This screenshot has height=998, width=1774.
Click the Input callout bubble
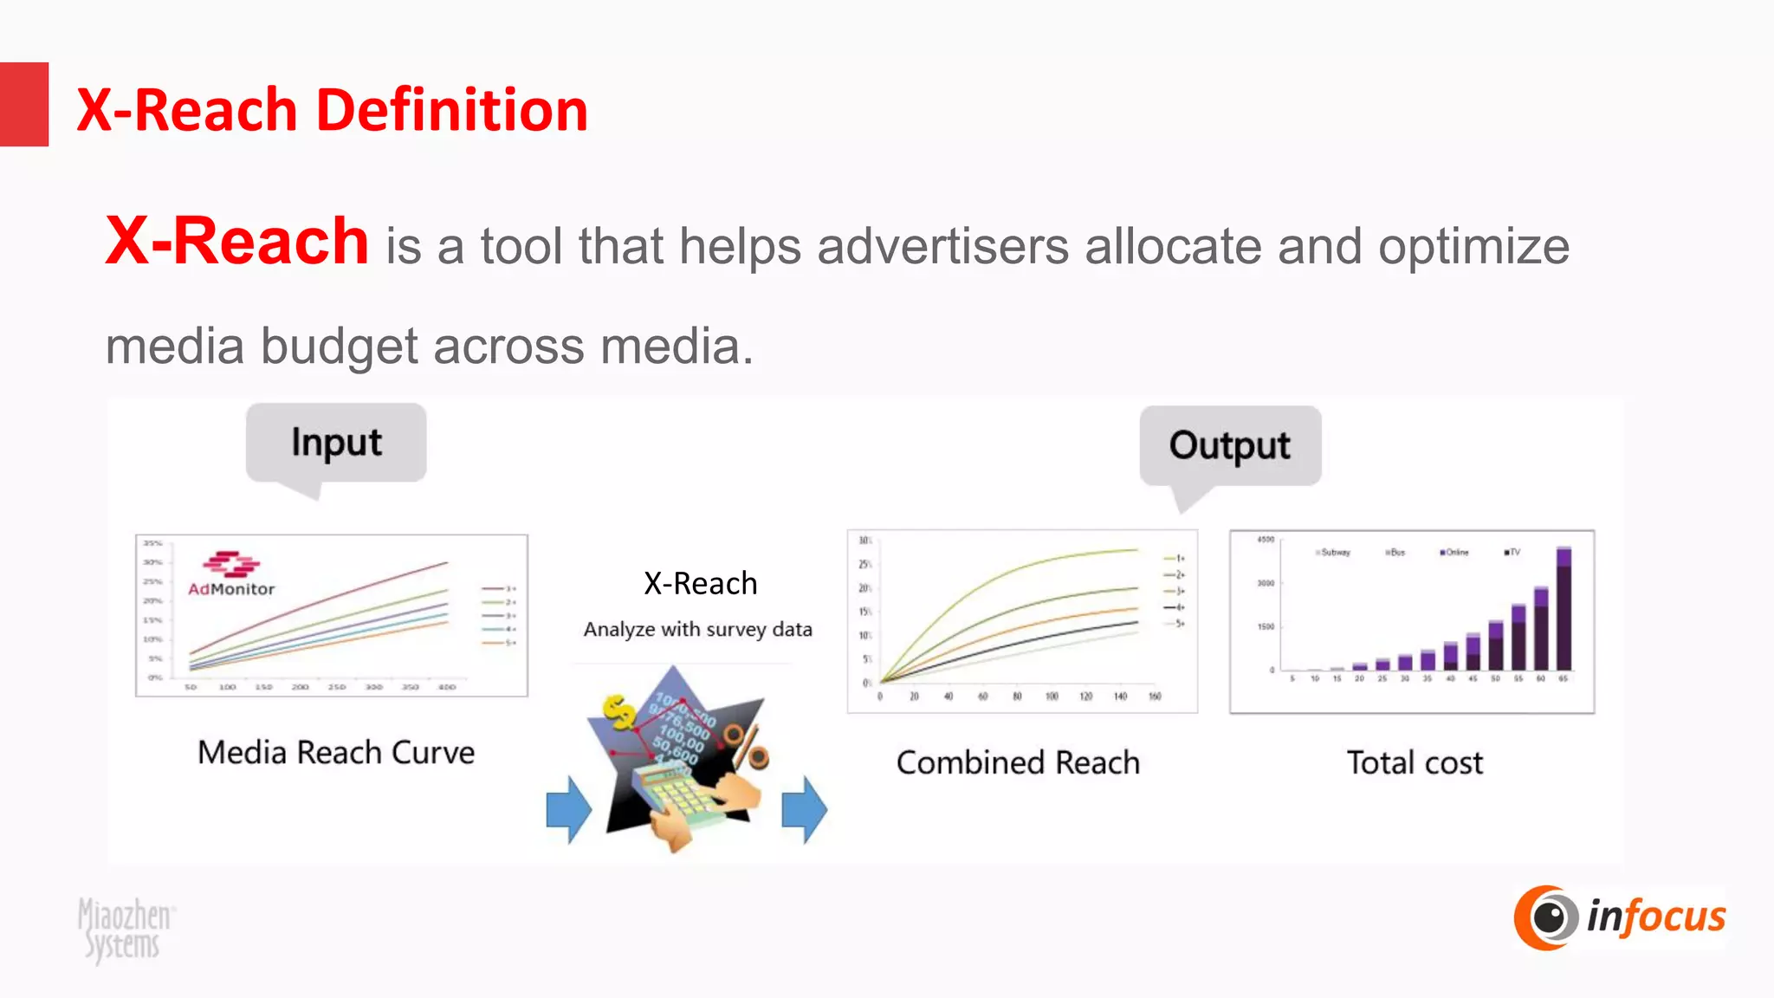(336, 443)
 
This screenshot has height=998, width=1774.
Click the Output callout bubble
(1229, 445)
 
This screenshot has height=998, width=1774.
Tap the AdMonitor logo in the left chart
(231, 574)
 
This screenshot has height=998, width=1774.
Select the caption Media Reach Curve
(336, 752)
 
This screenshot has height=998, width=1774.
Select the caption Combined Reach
(1018, 762)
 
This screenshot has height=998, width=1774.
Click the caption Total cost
(1415, 762)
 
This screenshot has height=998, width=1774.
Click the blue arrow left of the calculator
(569, 809)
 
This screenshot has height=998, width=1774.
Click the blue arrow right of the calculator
(804, 809)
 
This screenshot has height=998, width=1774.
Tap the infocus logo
(1620, 917)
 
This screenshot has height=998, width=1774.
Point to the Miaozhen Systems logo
(125, 930)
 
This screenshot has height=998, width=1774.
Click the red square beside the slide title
(23, 104)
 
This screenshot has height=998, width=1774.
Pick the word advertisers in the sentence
(942, 246)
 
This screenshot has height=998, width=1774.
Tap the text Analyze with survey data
(697, 629)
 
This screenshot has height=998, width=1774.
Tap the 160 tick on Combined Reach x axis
(1155, 697)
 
